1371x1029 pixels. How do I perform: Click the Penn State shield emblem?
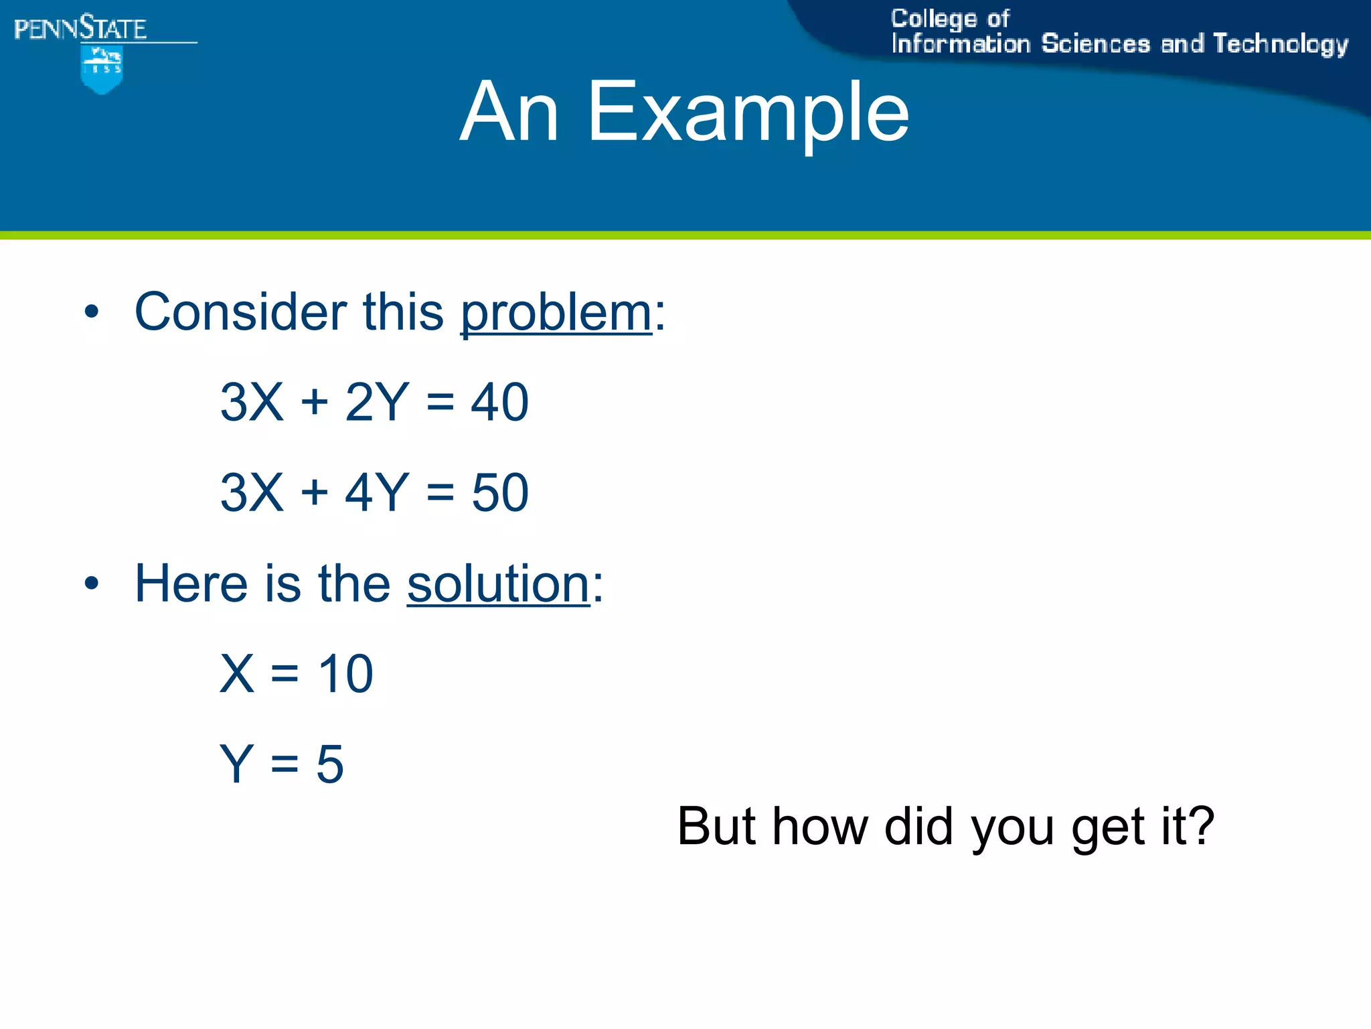pos(102,70)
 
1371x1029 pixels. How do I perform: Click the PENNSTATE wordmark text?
pos(80,29)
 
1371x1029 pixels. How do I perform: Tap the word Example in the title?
pos(748,112)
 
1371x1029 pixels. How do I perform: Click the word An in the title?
pos(509,112)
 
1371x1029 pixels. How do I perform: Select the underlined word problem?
pos(556,313)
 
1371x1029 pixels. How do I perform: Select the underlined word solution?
pos(498,584)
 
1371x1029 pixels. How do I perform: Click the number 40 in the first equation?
pos(499,403)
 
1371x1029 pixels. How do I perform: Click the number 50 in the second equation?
pos(499,493)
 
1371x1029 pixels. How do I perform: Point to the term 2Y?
pos(376,403)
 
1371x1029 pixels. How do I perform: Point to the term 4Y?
pos(376,493)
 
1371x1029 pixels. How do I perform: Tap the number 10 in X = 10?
pos(345,674)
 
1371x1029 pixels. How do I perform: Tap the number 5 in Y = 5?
pos(329,764)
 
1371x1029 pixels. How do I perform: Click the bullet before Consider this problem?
pos(92,312)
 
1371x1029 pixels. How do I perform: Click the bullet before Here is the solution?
pos(92,584)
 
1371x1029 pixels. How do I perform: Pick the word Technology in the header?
pos(1280,45)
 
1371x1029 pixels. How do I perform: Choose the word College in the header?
pos(934,19)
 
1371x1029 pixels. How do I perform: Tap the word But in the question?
pos(716,826)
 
